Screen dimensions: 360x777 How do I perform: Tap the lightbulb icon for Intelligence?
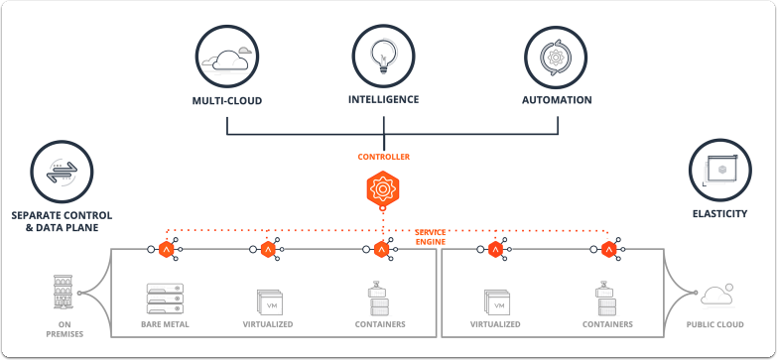383,58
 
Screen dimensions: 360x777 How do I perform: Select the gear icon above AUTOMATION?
557,59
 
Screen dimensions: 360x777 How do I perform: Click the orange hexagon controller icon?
383,188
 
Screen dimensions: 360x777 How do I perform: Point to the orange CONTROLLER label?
383,157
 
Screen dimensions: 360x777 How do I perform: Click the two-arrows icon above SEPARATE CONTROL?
62,173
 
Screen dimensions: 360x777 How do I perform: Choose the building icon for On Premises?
64,294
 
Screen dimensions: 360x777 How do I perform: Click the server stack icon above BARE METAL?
166,298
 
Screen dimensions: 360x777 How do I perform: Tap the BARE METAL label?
166,324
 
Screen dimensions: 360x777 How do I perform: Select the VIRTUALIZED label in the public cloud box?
496,324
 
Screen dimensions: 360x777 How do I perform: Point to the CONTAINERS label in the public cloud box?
608,324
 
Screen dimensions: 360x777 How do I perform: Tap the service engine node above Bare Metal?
166,249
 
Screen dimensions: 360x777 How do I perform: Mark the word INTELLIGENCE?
383,99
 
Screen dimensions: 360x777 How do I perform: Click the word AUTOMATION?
557,100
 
